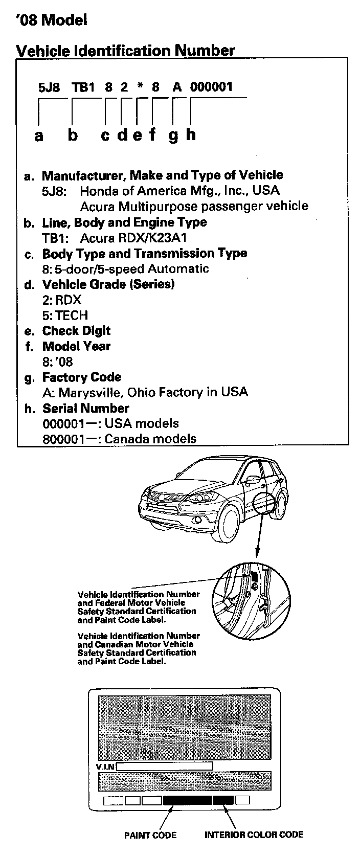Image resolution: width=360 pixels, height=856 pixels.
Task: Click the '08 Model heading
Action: point(52,20)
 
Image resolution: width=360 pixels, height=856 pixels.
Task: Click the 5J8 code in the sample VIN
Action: point(49,87)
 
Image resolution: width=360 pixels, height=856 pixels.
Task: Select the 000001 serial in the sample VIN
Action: point(211,87)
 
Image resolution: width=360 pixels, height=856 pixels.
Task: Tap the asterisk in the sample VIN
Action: point(140,87)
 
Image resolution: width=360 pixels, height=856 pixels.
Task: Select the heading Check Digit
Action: point(76,330)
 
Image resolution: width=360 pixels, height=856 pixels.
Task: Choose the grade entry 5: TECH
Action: point(65,315)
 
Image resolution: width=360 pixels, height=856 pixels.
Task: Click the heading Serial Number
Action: point(85,408)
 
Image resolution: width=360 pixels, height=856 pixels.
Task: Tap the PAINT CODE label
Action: point(150,835)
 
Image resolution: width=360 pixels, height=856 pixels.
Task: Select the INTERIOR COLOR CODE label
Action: point(254,835)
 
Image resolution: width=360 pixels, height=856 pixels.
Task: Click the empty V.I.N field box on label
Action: point(165,766)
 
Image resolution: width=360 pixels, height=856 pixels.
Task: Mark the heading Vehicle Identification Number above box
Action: point(125,50)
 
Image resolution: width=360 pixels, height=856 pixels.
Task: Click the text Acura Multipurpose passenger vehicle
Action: point(194,206)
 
